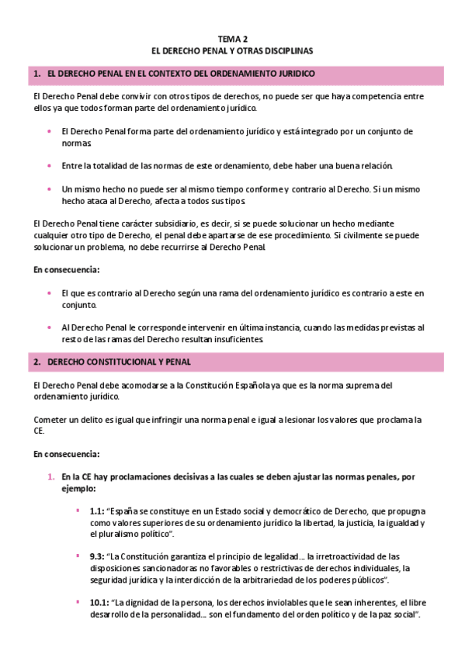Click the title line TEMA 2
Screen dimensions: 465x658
(x=233, y=38)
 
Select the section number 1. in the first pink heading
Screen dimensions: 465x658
(x=37, y=74)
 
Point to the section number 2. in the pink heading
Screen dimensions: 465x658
(x=37, y=362)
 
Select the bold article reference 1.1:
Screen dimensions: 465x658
(x=97, y=511)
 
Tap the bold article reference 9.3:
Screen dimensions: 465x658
(x=97, y=556)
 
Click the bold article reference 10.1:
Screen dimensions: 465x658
(x=99, y=602)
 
